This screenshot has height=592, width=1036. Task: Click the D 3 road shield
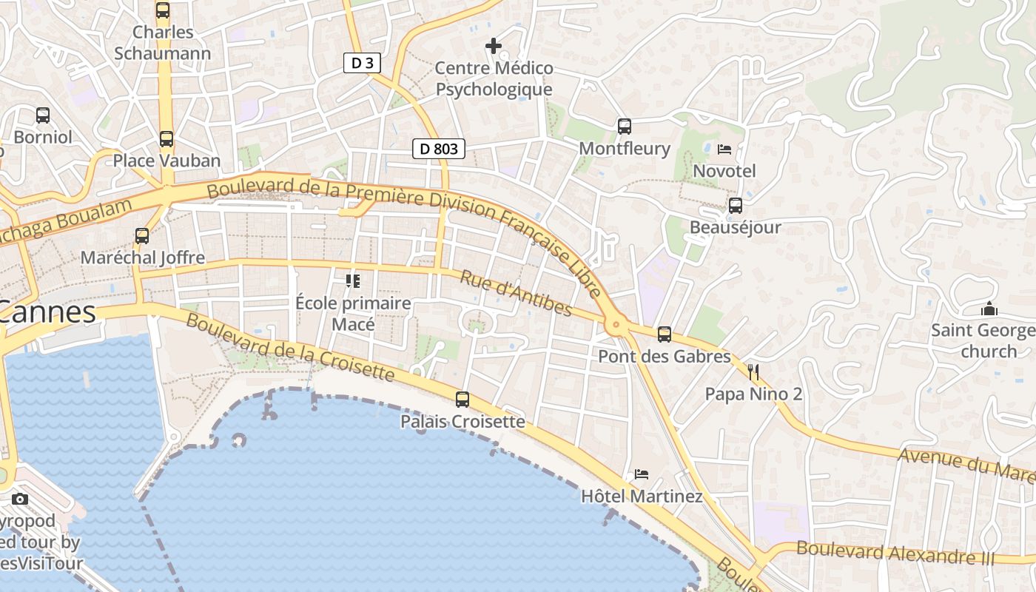[x=362, y=63]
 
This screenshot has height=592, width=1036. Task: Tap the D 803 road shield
[x=439, y=149]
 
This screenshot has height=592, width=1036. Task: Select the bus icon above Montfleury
[x=625, y=127]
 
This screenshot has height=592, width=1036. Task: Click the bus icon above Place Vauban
[x=166, y=139]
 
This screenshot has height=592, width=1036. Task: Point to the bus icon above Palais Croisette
[x=462, y=400]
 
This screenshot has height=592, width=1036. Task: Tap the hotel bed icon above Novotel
[x=724, y=149]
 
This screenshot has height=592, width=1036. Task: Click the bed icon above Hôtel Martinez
[x=642, y=474]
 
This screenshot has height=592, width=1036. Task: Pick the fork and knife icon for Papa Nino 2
[x=753, y=371]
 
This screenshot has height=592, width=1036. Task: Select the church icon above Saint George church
[x=989, y=309]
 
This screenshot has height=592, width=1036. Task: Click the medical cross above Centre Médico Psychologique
[x=494, y=46]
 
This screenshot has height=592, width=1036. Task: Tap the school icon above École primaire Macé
[x=353, y=281]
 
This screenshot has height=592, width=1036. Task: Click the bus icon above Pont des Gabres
[x=665, y=334]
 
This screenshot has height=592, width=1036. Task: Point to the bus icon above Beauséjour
[x=736, y=206]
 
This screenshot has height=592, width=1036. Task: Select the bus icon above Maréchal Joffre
[x=142, y=236]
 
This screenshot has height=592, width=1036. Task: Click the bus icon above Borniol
[x=43, y=115]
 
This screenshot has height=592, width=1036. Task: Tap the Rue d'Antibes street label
[x=517, y=292]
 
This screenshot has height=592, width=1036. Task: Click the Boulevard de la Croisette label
[x=290, y=347]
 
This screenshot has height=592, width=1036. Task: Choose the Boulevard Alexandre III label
[x=895, y=553]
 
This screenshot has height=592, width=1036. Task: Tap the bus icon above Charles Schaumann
[x=163, y=10]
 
